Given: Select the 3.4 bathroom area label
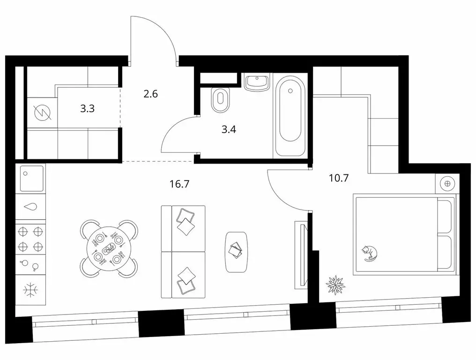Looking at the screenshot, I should pyautogui.click(x=228, y=129).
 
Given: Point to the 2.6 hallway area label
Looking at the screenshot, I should pyautogui.click(x=150, y=94).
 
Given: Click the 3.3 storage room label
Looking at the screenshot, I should pyautogui.click(x=88, y=109).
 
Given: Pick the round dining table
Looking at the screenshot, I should pyautogui.click(x=109, y=248).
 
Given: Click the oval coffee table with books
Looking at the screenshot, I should pyautogui.click(x=237, y=251).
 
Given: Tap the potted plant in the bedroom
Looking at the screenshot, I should pyautogui.click(x=335, y=283).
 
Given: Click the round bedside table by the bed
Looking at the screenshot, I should pyautogui.click(x=447, y=183).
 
